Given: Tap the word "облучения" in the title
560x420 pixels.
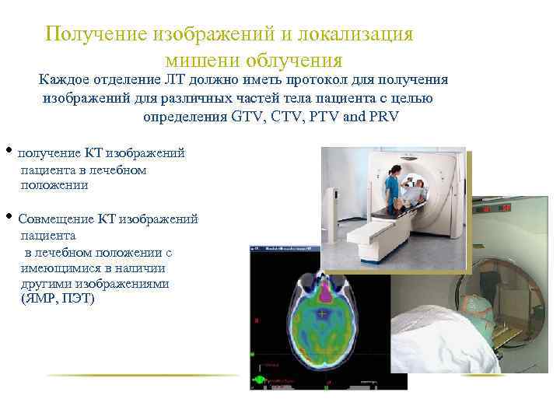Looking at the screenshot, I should coord(293,60).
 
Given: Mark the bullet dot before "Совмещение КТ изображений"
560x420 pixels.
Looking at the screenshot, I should coord(8,215).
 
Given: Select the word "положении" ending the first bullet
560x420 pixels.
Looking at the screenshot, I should coord(54,185).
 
